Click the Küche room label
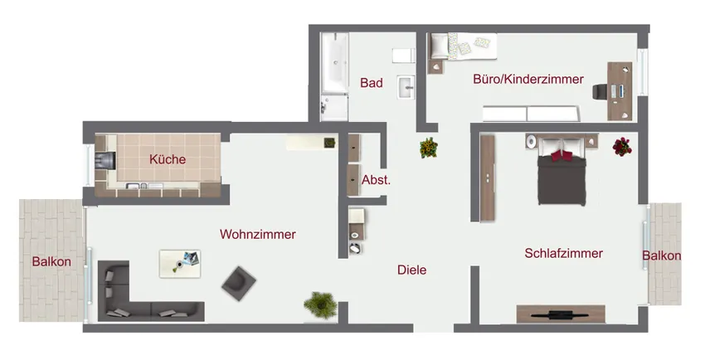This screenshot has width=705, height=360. point(168,159)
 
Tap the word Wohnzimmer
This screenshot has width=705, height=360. point(257,235)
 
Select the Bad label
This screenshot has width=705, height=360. point(371,83)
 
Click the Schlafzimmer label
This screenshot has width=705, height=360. point(563,254)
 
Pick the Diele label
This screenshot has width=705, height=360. point(411,270)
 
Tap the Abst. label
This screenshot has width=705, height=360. point(376,180)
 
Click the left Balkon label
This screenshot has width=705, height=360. point(51,262)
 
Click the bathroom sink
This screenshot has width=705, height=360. point(406,86)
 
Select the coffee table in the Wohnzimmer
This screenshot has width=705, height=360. point(180,263)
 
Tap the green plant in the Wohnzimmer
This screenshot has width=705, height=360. point(320,305)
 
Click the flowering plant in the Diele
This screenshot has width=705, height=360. point(428,148)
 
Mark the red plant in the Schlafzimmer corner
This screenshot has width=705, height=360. point(621,147)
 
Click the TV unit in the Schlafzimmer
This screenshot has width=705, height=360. point(561,314)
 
